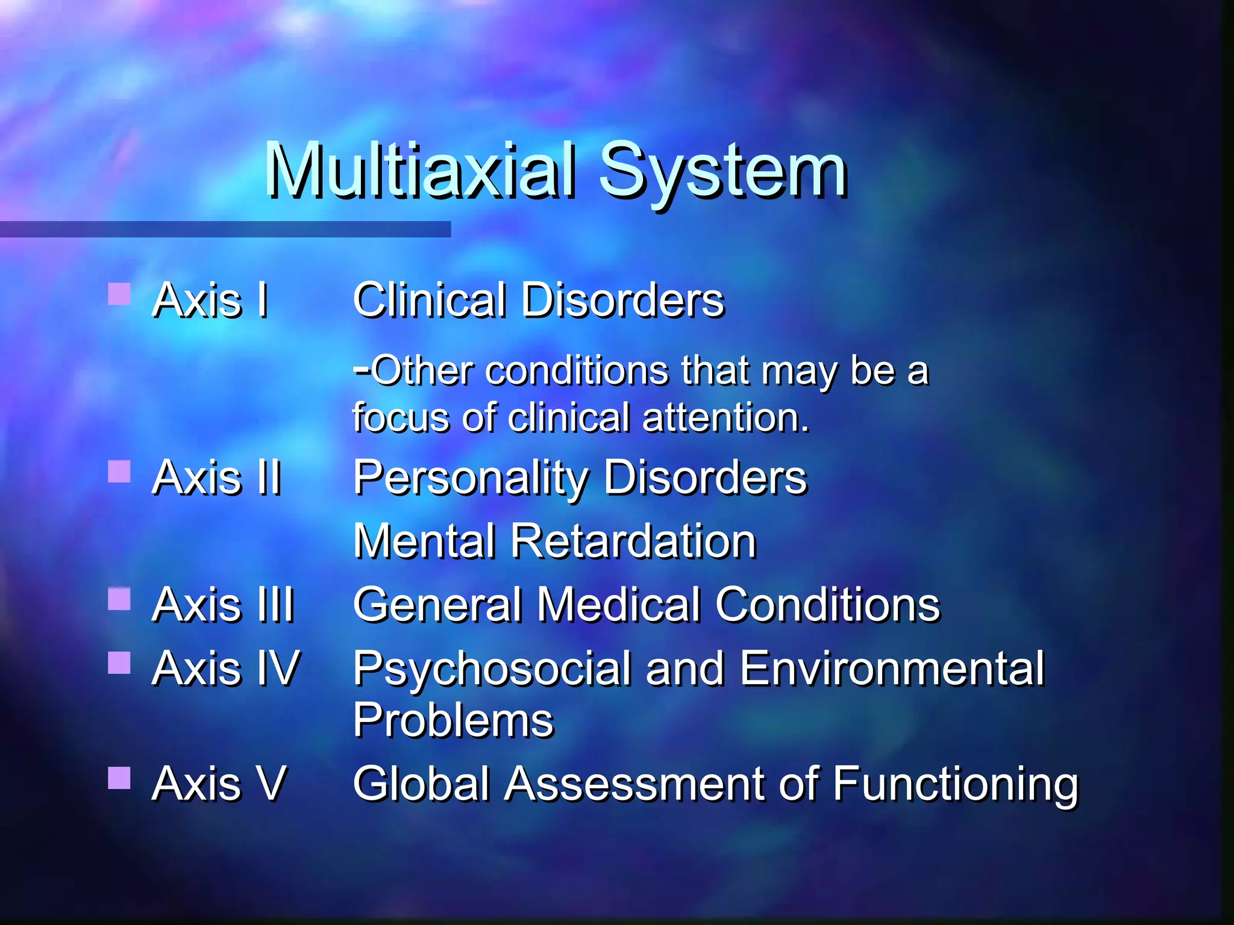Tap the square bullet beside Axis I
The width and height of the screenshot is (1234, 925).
point(119,294)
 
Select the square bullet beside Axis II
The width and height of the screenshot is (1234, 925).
point(119,472)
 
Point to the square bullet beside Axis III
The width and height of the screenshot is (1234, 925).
point(119,599)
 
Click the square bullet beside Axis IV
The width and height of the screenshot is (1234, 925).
point(119,662)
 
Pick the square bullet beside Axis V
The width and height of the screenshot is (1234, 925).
point(119,777)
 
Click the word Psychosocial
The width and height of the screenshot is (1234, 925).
point(492,670)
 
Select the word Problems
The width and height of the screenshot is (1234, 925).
point(453,720)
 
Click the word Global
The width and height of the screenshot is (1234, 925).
point(421,783)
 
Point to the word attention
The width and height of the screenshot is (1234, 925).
point(725,418)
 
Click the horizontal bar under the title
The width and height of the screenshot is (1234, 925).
point(225,229)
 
